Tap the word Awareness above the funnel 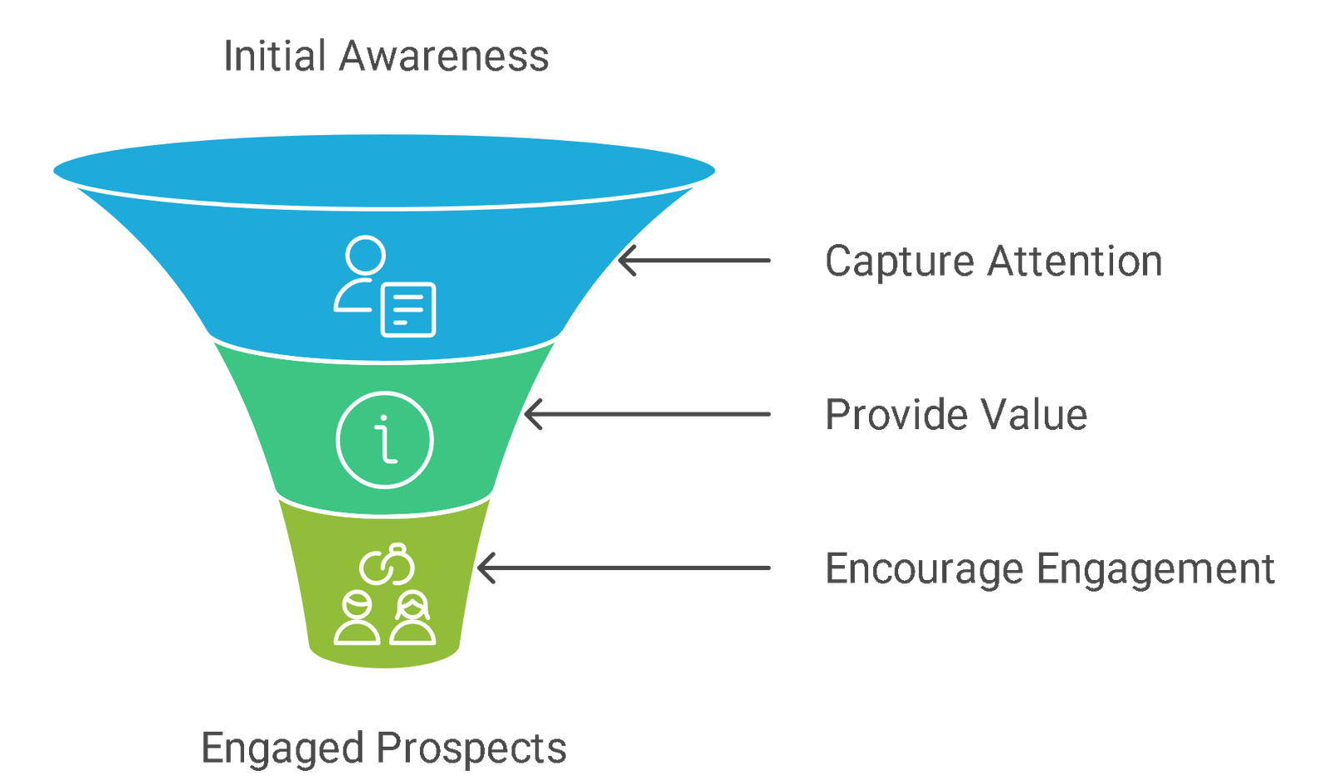point(444,56)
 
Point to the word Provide point(896,415)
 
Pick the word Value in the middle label point(1034,414)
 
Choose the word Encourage point(924,569)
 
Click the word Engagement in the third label point(1156,569)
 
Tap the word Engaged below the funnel point(282,748)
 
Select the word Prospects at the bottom point(472,748)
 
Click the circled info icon point(384,440)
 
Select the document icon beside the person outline point(408,310)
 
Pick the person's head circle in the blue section point(366,256)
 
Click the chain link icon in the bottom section point(387,563)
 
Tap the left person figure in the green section point(357,618)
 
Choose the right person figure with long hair point(412,618)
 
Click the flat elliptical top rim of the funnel point(384,171)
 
